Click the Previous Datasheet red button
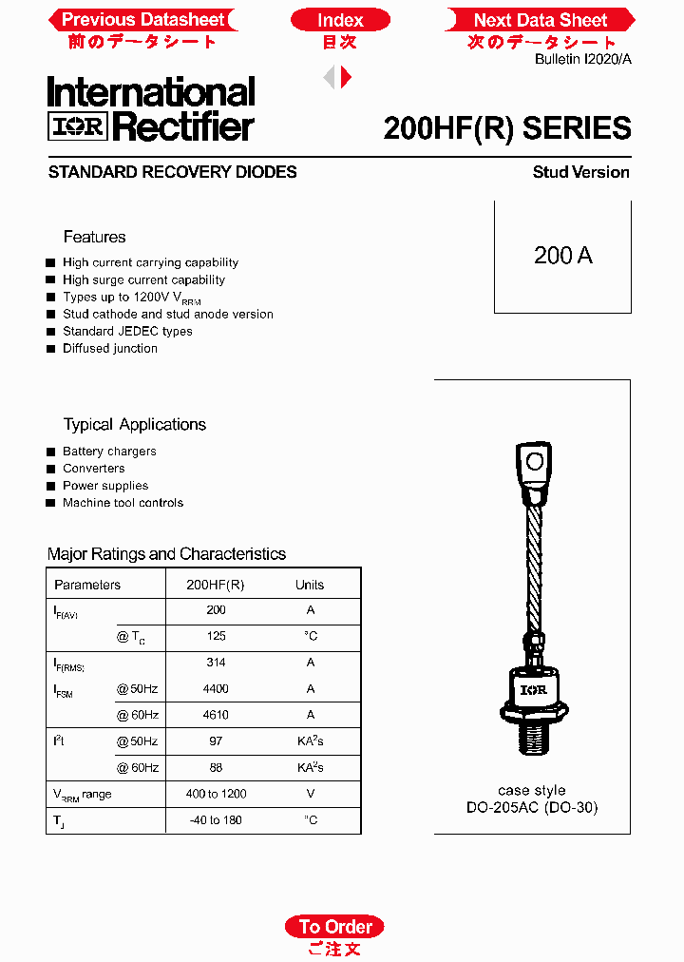142,20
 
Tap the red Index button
340,20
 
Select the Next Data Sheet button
540,20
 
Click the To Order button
335,927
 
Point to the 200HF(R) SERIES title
506,128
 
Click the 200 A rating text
562,256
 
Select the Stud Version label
580,172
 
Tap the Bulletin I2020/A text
582,59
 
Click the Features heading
94,237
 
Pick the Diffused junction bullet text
110,349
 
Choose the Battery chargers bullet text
109,452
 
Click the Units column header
310,585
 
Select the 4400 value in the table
216,688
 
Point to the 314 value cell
216,663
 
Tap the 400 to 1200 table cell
216,794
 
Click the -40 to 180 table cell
216,819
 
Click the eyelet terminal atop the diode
535,463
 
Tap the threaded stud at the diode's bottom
534,736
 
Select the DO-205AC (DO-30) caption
532,808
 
